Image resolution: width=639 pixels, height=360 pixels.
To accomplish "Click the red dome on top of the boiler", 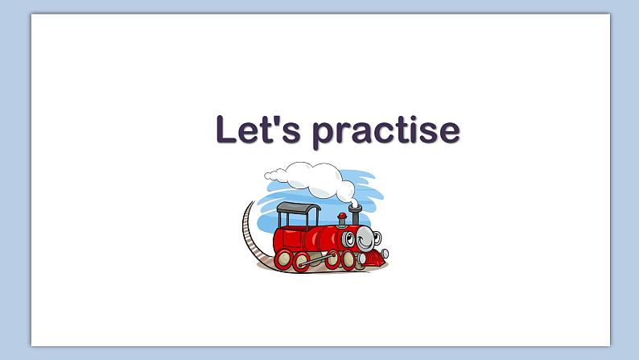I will tap(341, 217).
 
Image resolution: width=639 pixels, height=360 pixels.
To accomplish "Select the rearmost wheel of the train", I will tap(284, 259).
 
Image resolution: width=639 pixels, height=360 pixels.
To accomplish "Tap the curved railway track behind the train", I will tap(249, 234).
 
